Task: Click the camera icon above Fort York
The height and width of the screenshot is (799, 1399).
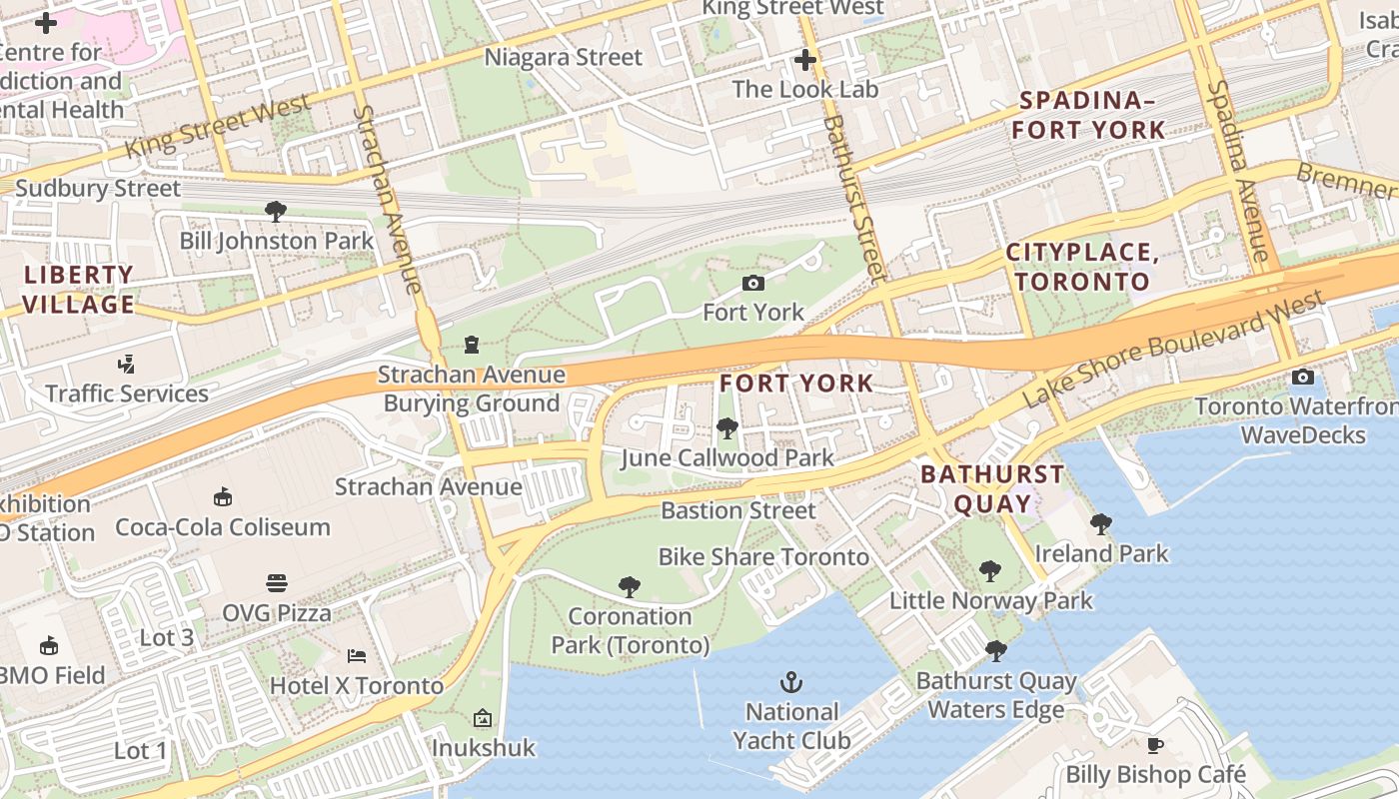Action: tap(753, 284)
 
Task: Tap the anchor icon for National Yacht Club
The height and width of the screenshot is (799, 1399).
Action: tap(791, 683)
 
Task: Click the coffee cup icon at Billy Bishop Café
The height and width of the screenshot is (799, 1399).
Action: tap(1155, 745)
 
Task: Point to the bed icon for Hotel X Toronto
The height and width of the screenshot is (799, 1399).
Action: tap(357, 656)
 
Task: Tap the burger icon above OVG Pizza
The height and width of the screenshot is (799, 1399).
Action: tap(277, 582)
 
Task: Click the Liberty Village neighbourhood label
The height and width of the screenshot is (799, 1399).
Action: tap(78, 290)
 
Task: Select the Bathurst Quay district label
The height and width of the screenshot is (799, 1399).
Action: tap(992, 488)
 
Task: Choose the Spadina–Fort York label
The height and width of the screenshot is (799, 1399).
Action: tap(1088, 115)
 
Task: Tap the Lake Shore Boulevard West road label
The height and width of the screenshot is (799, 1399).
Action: tap(1174, 348)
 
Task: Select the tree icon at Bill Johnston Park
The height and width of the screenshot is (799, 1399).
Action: tap(276, 211)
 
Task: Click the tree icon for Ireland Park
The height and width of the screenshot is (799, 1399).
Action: tap(1101, 523)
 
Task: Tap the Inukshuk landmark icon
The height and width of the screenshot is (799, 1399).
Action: tap(483, 718)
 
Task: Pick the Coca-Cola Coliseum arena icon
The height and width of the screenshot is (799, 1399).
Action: tap(222, 496)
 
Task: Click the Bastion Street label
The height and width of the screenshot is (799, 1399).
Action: tap(738, 510)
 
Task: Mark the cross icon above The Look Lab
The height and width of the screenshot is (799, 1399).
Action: tap(805, 60)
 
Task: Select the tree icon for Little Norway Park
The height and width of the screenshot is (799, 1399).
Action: tap(990, 571)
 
